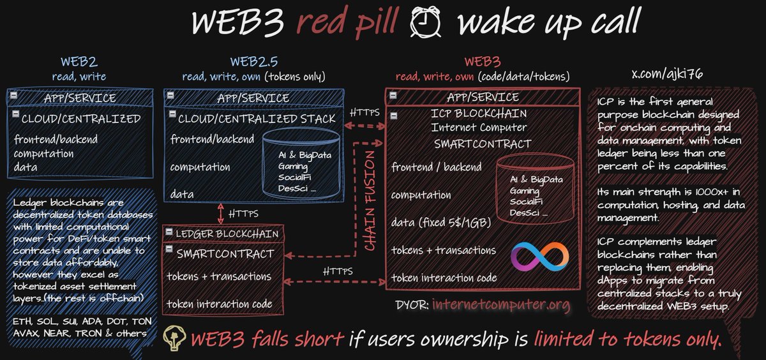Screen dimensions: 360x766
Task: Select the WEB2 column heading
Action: (x=79, y=62)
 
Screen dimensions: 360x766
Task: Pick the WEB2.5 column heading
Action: (x=253, y=62)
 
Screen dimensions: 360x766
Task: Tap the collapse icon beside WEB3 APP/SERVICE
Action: (x=393, y=96)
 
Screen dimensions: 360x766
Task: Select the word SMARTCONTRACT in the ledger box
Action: (x=225, y=253)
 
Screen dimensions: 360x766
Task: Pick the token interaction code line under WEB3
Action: (x=444, y=278)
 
